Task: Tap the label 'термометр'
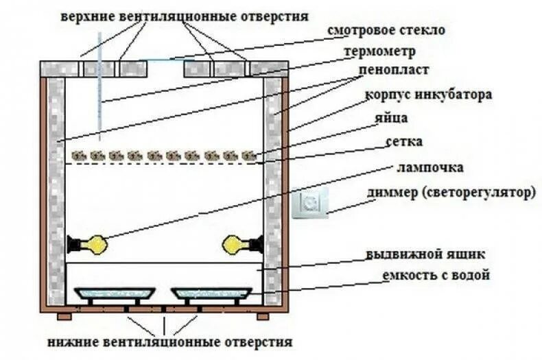pyautogui.click(x=381, y=51)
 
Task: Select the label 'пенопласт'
pyautogui.click(x=393, y=71)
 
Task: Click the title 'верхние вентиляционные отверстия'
pyautogui.click(x=183, y=15)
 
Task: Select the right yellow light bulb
pyautogui.click(x=235, y=243)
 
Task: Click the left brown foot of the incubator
pyautogui.click(x=64, y=316)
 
